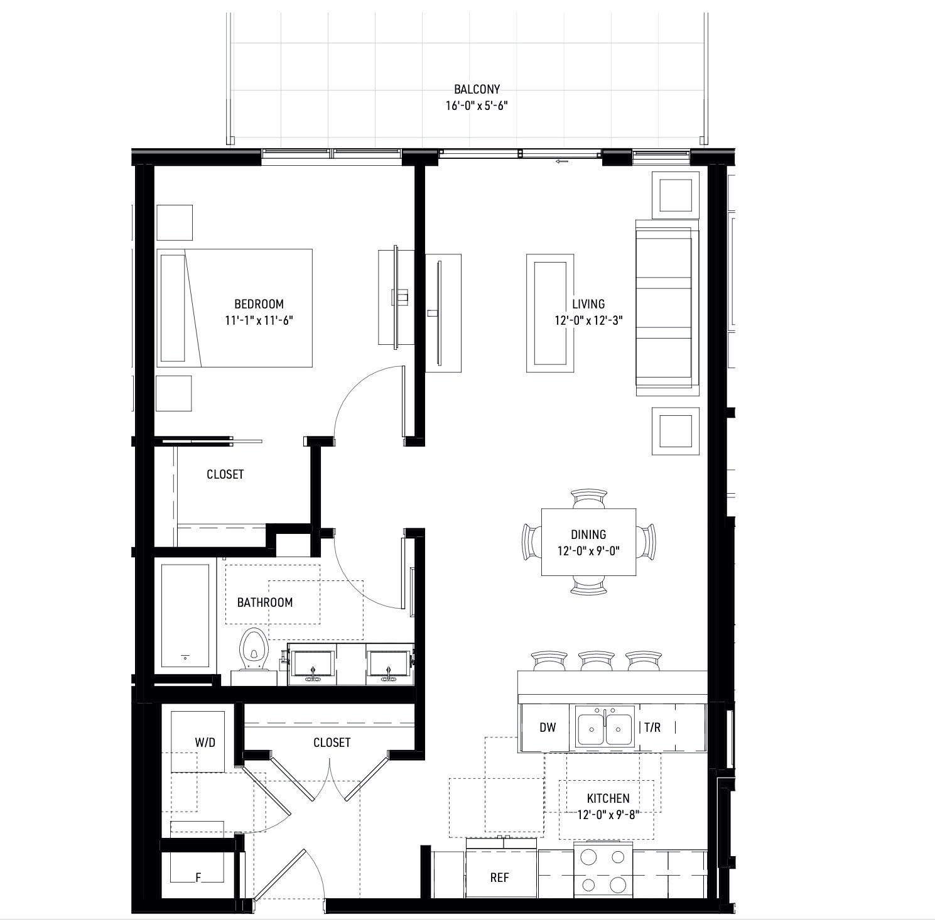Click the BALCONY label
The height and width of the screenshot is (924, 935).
[x=477, y=90]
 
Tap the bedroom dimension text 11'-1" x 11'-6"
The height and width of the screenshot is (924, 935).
[x=259, y=320]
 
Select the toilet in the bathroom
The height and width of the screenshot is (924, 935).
[x=254, y=651]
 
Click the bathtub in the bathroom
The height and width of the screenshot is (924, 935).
[x=185, y=616]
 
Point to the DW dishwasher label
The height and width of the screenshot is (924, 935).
[x=548, y=727]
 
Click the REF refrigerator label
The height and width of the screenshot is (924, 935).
[x=499, y=878]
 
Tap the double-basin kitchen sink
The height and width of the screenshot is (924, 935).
[x=604, y=727]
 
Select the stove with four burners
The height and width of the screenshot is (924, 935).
[x=603, y=871]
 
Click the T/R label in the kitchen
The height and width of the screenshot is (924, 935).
[x=652, y=727]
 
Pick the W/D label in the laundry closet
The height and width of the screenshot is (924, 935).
[x=205, y=742]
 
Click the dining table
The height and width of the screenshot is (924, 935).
[x=588, y=542]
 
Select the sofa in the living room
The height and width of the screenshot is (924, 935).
[x=667, y=308]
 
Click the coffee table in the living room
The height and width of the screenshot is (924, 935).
[x=550, y=313]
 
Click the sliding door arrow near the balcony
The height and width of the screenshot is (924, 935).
[x=561, y=161]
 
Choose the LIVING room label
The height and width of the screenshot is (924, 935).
[x=588, y=304]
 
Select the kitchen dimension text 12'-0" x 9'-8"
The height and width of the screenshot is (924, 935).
[x=608, y=815]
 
